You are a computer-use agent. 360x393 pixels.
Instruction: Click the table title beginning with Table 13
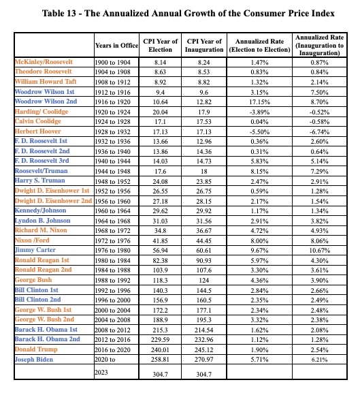pos(180,13)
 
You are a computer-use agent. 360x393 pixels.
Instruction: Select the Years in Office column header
pos(116,46)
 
